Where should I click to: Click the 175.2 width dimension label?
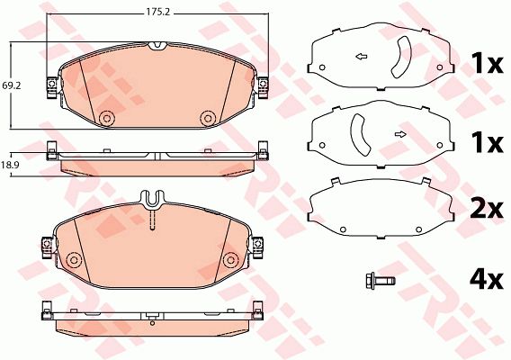pos(157,13)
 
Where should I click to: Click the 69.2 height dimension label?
pos(12,85)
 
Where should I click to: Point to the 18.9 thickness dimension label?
pos(12,165)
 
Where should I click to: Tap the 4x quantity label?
pos(487,280)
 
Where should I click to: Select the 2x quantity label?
pos(487,209)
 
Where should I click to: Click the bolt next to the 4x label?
pos(381,281)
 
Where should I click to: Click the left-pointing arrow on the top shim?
pos(362,57)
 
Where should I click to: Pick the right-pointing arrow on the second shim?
pos(400,134)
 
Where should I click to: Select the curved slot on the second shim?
pos(359,134)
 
